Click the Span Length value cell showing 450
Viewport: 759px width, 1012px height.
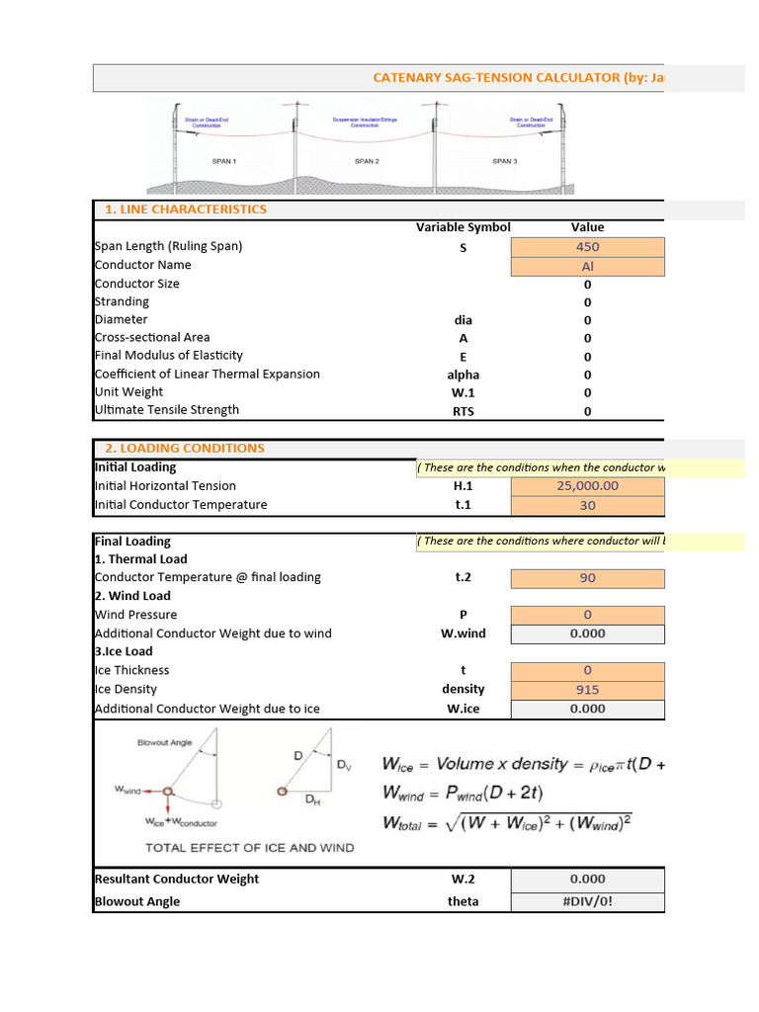[587, 247]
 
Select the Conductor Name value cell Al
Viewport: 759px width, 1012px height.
[587, 266]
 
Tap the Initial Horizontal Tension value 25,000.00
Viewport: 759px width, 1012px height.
[587, 485]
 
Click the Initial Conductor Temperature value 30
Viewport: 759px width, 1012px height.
[587, 505]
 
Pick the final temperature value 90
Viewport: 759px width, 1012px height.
[587, 578]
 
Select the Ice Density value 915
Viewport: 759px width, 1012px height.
[587, 690]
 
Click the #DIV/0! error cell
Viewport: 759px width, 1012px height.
[587, 901]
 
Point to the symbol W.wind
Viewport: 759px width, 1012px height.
[463, 633]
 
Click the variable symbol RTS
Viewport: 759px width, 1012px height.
[463, 411]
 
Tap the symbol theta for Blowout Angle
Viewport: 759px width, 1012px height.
[463, 901]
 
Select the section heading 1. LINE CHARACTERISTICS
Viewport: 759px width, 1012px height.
[186, 210]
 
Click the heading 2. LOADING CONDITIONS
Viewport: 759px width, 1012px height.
[185, 448]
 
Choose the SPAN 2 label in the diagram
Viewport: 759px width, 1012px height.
[367, 160]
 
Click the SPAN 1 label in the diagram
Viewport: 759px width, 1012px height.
[224, 160]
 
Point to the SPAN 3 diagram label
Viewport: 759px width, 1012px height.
[504, 160]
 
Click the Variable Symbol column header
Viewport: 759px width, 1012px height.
[463, 227]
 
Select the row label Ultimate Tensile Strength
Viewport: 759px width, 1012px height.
[166, 410]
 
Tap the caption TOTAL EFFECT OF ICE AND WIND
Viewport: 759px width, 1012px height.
[249, 847]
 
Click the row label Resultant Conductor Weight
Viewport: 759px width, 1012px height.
[176, 879]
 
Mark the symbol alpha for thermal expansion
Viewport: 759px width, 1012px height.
[463, 375]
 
